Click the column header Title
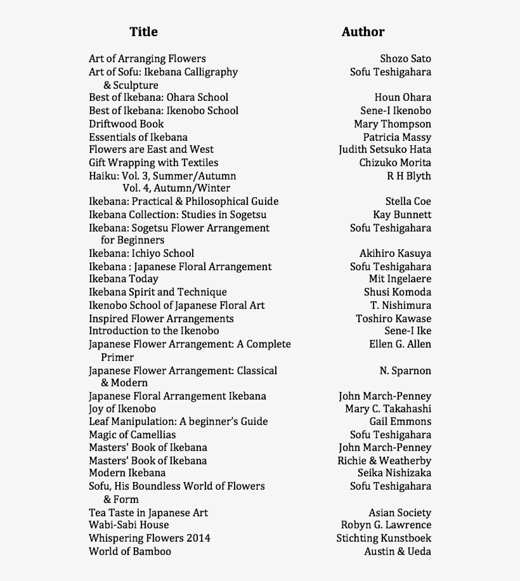(x=143, y=32)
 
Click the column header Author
(x=363, y=32)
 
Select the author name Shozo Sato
(x=405, y=59)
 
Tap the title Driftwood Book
(x=126, y=124)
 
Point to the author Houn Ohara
(x=403, y=97)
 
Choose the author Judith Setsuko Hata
(x=385, y=150)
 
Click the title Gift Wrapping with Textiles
(x=153, y=163)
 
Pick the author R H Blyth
(x=409, y=176)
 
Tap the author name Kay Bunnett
(x=402, y=215)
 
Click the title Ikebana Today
(x=124, y=279)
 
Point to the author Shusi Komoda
(x=398, y=292)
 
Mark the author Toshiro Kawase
(x=393, y=318)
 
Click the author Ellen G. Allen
(x=400, y=344)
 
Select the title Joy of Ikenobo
(x=122, y=409)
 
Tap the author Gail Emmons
(x=400, y=422)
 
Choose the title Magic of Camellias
(x=133, y=435)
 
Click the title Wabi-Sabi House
(x=129, y=525)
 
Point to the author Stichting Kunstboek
(x=384, y=539)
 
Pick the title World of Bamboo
(x=130, y=552)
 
